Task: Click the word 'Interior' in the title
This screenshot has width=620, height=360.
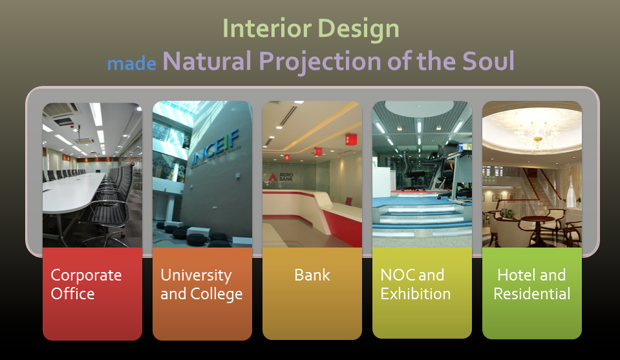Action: pos(267,28)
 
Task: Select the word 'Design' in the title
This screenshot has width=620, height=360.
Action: pos(359,30)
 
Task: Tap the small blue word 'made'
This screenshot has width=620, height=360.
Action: pos(132,63)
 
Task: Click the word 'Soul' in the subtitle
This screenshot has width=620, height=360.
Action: pos(488,61)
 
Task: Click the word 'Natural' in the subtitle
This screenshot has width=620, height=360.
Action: pos(207,61)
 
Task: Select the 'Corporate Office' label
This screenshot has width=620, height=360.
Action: pos(86,284)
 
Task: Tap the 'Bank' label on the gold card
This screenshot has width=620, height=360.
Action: pos(312,275)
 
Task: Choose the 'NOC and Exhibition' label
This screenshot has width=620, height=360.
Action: pos(416,284)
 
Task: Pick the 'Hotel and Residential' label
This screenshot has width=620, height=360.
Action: pos(532,284)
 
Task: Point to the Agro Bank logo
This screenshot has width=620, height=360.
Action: pos(281,176)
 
